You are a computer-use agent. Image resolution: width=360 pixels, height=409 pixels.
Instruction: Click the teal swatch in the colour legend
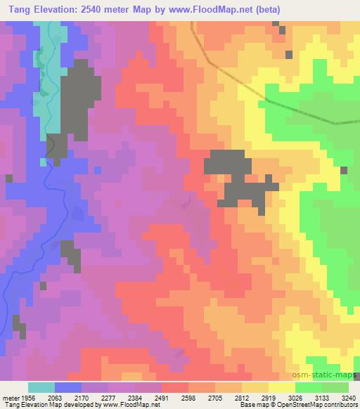tap(41, 387)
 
